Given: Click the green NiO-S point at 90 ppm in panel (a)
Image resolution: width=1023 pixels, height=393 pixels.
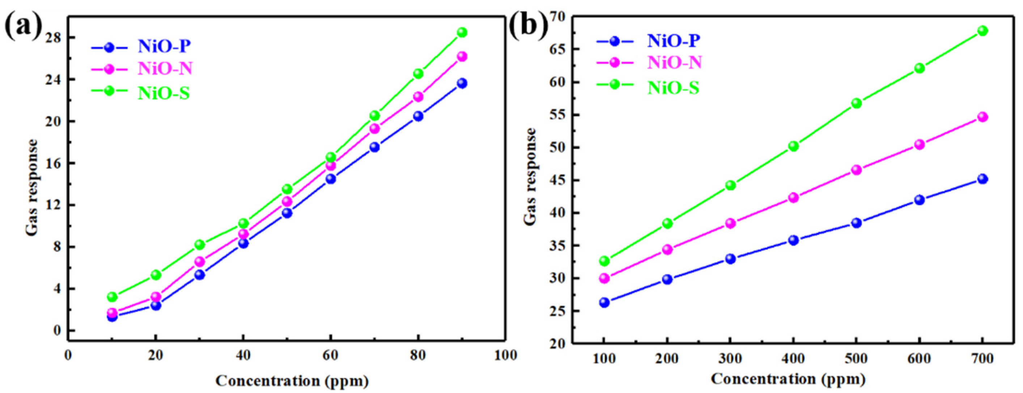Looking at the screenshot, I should pyautogui.click(x=462, y=32).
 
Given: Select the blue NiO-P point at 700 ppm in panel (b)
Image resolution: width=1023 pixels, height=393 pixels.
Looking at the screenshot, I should pyautogui.click(x=982, y=179).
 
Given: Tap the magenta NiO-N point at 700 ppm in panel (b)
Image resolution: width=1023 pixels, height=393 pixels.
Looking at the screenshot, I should pyautogui.click(x=982, y=117).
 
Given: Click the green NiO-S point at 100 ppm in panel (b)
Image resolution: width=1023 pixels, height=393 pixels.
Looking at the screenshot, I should pyautogui.click(x=604, y=261).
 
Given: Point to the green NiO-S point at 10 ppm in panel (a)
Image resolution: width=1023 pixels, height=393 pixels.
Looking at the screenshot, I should pyautogui.click(x=113, y=296).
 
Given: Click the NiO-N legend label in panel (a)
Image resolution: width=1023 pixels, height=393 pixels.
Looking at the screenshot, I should pyautogui.click(x=165, y=69).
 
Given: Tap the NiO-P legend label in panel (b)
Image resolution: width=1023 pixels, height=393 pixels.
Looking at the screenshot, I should pyautogui.click(x=674, y=40).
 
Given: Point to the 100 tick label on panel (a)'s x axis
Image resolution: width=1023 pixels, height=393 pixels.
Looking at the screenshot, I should pyautogui.click(x=505, y=355).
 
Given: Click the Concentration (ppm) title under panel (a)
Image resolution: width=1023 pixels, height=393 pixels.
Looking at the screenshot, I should pyautogui.click(x=292, y=381).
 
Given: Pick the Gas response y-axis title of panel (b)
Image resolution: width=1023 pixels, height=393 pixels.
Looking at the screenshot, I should pyautogui.click(x=531, y=177).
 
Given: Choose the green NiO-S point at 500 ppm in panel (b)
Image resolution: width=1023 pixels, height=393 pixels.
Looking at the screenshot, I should pyautogui.click(x=856, y=103).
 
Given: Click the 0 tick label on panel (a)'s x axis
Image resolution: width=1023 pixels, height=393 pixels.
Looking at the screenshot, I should pyautogui.click(x=68, y=355).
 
